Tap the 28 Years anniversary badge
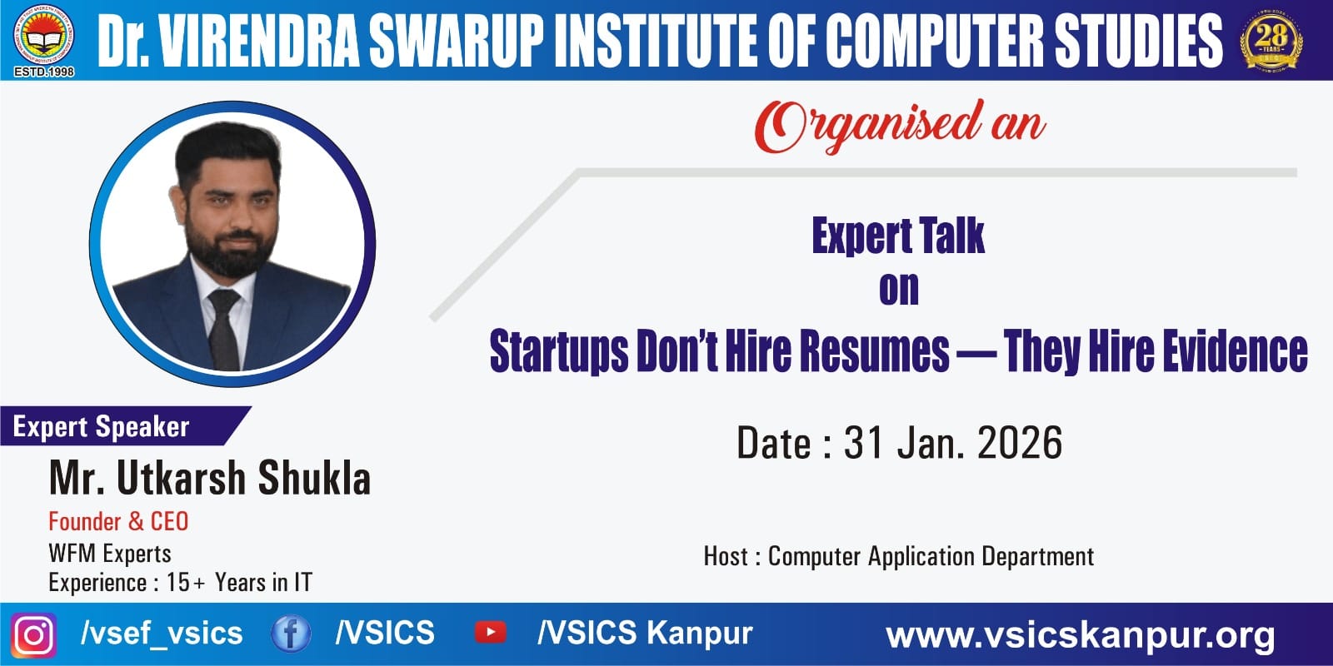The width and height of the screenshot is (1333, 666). (x=1271, y=40)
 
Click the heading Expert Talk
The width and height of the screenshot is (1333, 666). (x=898, y=236)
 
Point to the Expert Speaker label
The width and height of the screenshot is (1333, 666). (x=101, y=427)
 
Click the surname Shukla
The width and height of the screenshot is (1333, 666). (x=314, y=478)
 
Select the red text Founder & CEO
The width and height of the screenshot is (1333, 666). (x=118, y=521)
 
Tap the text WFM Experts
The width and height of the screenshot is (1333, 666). (x=110, y=554)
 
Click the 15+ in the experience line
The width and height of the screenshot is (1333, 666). (x=186, y=583)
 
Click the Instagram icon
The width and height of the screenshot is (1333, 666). (x=34, y=635)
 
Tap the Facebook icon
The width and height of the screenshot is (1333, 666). (x=291, y=634)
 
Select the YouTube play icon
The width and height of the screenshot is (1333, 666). (x=491, y=633)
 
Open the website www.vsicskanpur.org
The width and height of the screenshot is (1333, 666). (x=1080, y=636)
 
